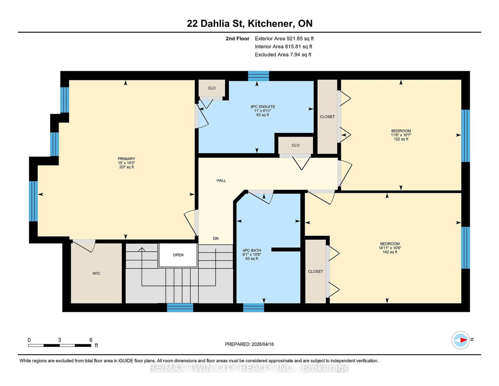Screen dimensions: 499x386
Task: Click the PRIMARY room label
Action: pyautogui.click(x=126, y=159)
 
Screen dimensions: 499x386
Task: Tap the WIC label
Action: pyautogui.click(x=96, y=273)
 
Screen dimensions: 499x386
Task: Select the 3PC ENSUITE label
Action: pyautogui.click(x=263, y=107)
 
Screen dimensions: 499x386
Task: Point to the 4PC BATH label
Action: pyautogui.click(x=252, y=251)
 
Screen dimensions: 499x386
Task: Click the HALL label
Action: pyautogui.click(x=221, y=181)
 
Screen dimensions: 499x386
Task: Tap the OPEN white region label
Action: pyautogui.click(x=178, y=255)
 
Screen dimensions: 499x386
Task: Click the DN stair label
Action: pyautogui.click(x=216, y=238)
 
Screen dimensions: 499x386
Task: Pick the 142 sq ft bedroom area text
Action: pyautogui.click(x=390, y=252)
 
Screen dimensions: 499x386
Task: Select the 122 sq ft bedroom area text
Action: pyautogui.click(x=401, y=139)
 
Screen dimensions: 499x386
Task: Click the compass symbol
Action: pyautogui.click(x=460, y=340)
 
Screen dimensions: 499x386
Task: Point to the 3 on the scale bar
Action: pyautogui.click(x=60, y=340)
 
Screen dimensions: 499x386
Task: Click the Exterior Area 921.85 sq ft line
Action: pyautogui.click(x=284, y=39)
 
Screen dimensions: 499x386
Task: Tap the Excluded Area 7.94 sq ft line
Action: pyautogui.click(x=283, y=55)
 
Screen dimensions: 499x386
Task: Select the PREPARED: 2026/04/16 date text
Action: pyautogui.click(x=249, y=344)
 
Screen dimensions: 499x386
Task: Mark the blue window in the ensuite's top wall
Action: pyautogui.click(x=258, y=76)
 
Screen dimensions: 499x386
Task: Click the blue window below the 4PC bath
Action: pyautogui.click(x=254, y=308)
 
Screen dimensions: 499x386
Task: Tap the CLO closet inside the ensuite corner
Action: pyautogui.click(x=212, y=88)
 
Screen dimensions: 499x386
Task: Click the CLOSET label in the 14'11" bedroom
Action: pyautogui.click(x=315, y=271)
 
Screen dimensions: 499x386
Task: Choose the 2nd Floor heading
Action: pyautogui.click(x=237, y=39)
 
